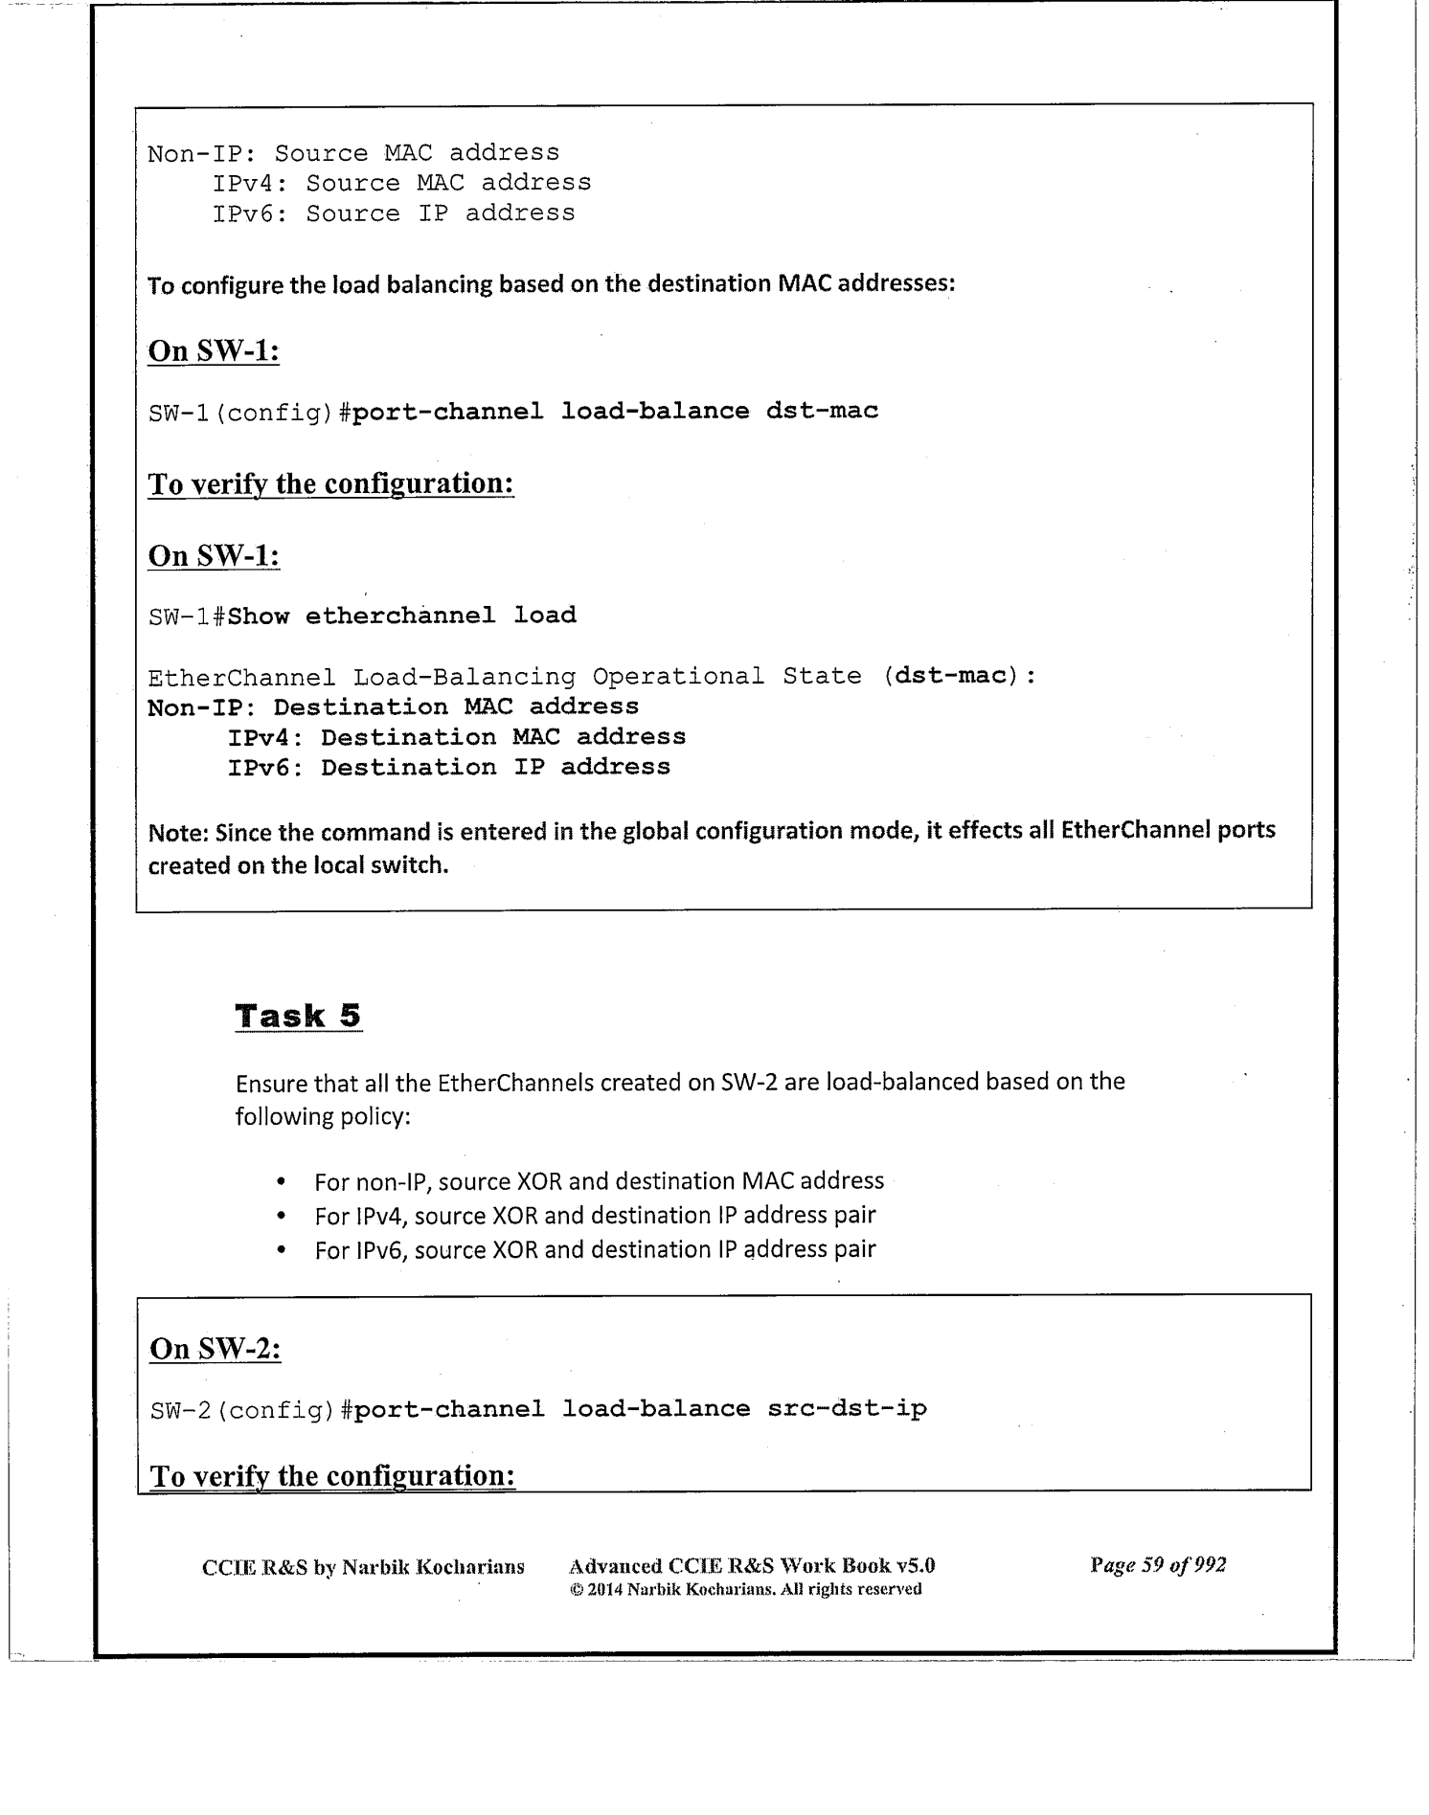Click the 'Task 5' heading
pos(298,1016)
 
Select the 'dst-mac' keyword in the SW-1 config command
pos(822,412)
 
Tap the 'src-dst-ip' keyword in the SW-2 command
pos(847,1409)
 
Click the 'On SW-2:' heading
pos(215,1349)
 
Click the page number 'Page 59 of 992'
pos(1157,1565)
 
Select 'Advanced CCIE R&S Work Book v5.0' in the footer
pos(752,1566)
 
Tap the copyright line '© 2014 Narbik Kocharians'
pos(745,1589)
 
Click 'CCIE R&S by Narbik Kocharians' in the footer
pos(363,1567)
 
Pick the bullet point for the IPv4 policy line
pos(281,1217)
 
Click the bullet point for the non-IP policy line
pos(281,1182)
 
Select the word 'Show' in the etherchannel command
pos(259,616)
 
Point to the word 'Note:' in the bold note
pos(178,832)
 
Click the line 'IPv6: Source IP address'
pos(394,213)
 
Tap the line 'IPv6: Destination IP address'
pos(448,768)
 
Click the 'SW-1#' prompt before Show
pos(187,616)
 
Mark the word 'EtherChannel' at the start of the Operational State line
pos(241,677)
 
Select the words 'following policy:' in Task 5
pos(323,1117)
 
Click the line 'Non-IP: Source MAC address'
pos(353,153)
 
